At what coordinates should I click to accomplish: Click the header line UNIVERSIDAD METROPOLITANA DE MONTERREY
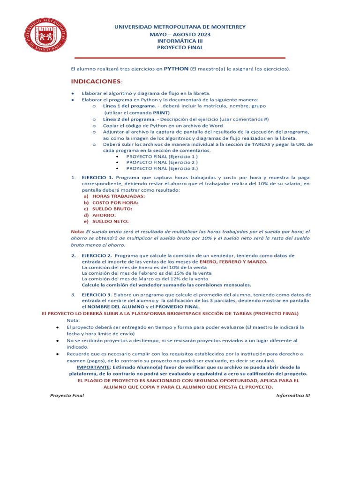(180, 27)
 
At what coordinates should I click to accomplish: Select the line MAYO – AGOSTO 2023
(180, 34)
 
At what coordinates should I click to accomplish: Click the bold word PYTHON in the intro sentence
(176, 68)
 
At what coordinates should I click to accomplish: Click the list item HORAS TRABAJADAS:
(118, 196)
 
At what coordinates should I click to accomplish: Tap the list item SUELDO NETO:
(110, 221)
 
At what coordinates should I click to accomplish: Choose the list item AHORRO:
(104, 215)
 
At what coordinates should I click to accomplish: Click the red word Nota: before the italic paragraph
(77, 232)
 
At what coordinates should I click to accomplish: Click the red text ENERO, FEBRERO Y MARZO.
(233, 262)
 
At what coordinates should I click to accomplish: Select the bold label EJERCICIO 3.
(97, 294)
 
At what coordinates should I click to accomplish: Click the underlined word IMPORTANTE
(90, 367)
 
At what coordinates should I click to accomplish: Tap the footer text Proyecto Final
(67, 395)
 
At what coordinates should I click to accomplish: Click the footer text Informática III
(293, 395)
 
